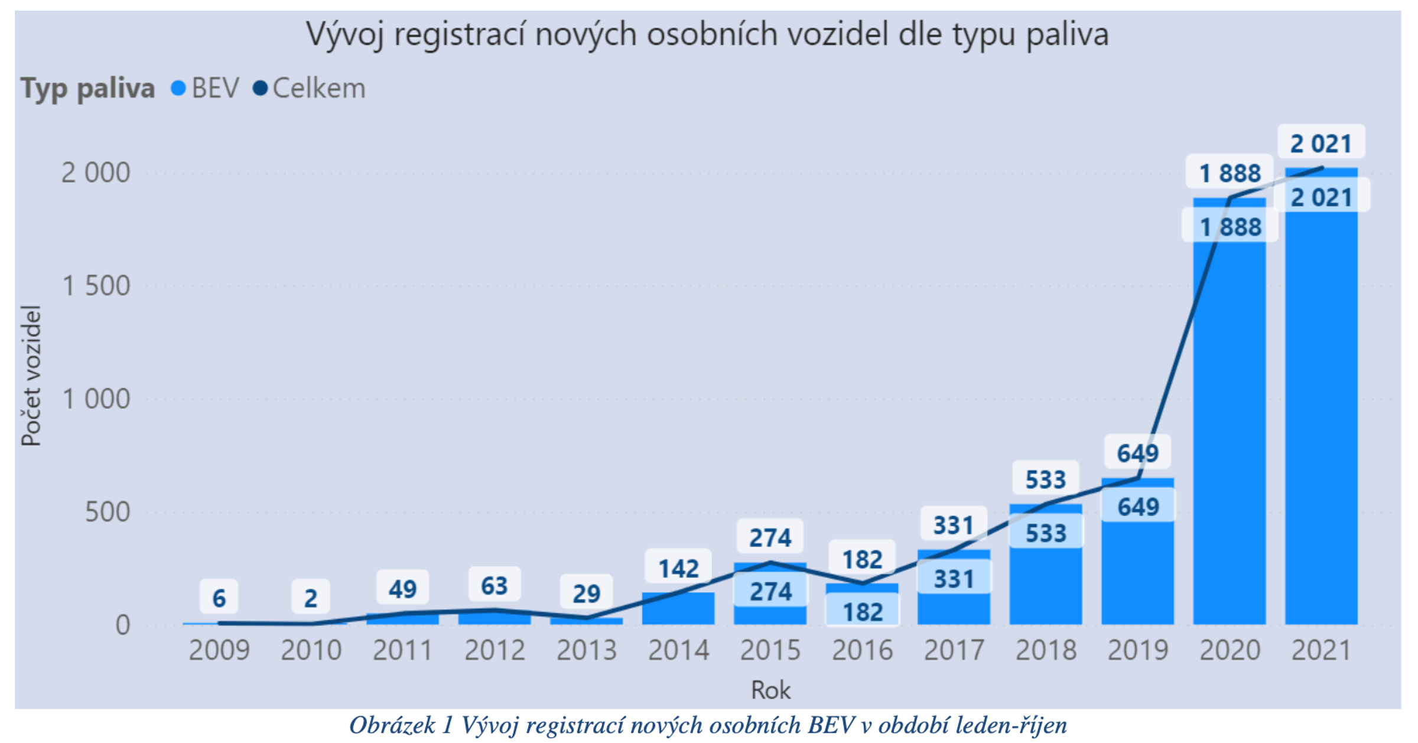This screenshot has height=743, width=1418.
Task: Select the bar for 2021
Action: click(1321, 413)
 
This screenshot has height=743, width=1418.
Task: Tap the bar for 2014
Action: click(678, 608)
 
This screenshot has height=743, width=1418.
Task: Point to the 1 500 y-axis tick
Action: click(96, 286)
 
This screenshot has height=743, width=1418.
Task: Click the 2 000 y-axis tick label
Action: click(96, 173)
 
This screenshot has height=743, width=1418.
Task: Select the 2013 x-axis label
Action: click(586, 651)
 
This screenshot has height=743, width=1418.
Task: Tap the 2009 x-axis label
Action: click(219, 651)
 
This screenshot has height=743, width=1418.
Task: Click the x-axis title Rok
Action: click(770, 690)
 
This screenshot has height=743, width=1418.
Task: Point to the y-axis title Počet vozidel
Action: click(31, 376)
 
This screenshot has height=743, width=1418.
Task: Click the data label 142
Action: click(678, 569)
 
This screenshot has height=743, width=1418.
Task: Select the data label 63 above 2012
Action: click(495, 586)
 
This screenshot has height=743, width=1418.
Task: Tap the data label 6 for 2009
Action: click(219, 598)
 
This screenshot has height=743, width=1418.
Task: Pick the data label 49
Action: click(402, 589)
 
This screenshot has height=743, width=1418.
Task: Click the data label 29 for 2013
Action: click(586, 594)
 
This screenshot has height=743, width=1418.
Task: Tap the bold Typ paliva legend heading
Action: click(88, 89)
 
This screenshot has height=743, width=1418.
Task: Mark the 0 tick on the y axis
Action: click(122, 625)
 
